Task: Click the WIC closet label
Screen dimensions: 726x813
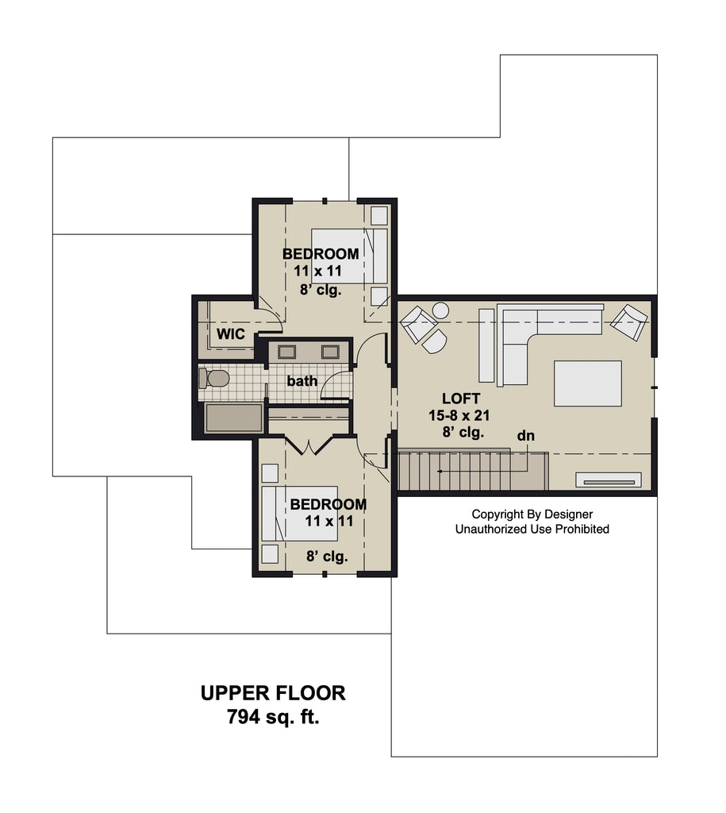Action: pyautogui.click(x=231, y=334)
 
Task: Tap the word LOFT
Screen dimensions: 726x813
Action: pyautogui.click(x=461, y=399)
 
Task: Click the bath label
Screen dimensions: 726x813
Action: pyautogui.click(x=302, y=381)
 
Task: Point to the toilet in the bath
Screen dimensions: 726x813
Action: pyautogui.click(x=214, y=378)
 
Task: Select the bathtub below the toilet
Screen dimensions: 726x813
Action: pyautogui.click(x=234, y=418)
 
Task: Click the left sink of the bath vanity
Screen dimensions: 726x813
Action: pyautogui.click(x=286, y=352)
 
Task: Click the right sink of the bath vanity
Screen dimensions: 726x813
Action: pyautogui.click(x=330, y=352)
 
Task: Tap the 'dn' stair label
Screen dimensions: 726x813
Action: pyautogui.click(x=525, y=436)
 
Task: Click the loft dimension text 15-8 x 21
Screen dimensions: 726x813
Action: pyautogui.click(x=459, y=415)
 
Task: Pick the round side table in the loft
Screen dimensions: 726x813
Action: pyautogui.click(x=440, y=310)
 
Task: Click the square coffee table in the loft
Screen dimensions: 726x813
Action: pyautogui.click(x=588, y=383)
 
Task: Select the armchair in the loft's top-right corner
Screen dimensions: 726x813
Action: pyautogui.click(x=628, y=322)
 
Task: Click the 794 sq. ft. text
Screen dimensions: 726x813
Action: pyautogui.click(x=273, y=717)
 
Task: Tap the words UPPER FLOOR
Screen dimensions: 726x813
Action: pyautogui.click(x=273, y=693)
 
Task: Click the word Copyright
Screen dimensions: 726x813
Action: pyautogui.click(x=497, y=514)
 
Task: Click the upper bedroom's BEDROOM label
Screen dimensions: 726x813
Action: pyautogui.click(x=321, y=254)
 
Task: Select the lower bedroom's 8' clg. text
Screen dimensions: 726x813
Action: pyautogui.click(x=327, y=557)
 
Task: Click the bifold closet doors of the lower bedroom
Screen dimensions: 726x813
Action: pyautogui.click(x=309, y=446)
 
